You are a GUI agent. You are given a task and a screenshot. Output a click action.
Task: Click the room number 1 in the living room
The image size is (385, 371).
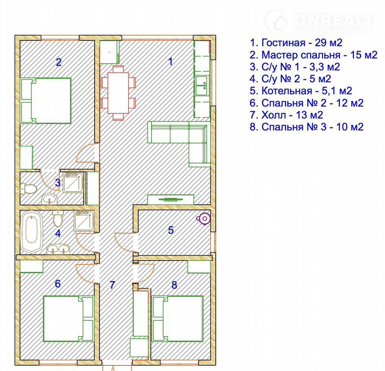click(170, 61)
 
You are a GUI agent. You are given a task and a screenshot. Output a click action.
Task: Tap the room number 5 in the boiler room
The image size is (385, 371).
click(171, 230)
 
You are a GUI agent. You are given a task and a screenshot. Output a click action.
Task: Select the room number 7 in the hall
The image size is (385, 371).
click(113, 285)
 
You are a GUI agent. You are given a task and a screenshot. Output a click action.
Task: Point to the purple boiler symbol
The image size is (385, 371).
click(204, 219)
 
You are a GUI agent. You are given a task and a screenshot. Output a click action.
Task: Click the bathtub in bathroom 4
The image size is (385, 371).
click(32, 232)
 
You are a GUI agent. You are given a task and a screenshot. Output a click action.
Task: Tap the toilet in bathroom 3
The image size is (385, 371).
click(29, 188)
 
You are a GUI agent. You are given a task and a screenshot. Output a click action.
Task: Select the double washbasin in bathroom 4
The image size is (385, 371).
click(58, 249)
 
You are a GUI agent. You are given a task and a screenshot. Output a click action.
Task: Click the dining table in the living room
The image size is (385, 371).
click(118, 93)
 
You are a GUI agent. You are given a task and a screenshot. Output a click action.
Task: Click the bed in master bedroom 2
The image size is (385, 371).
click(46, 101)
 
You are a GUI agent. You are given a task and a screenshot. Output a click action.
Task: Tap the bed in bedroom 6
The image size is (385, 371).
click(69, 318)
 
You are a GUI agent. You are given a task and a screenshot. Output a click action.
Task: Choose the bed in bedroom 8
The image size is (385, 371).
click(177, 318)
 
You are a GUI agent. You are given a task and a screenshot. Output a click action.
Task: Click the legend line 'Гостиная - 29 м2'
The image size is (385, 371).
click(296, 43)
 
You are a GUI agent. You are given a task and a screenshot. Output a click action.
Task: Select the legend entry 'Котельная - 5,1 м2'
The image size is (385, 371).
click(301, 91)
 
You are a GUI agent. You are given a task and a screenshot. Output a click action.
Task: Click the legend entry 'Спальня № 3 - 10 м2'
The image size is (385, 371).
click(306, 127)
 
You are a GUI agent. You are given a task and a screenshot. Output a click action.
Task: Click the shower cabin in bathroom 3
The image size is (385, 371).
click(73, 182)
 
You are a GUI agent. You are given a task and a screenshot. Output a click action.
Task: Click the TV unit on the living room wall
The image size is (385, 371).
click(170, 199)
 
